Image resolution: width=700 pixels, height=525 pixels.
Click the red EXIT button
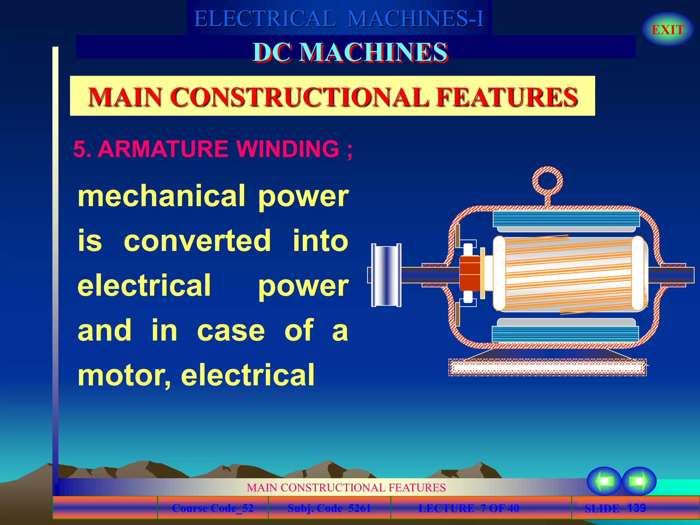667,30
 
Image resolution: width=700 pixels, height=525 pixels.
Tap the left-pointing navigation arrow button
604,481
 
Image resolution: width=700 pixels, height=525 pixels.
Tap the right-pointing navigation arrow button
638,481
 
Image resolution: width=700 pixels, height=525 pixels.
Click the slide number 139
636,508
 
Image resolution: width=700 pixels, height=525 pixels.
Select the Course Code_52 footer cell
213,508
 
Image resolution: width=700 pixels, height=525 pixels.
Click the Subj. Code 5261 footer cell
329,508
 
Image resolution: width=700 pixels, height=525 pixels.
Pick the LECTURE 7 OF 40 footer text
469,508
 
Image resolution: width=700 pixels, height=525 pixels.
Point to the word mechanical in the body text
161,196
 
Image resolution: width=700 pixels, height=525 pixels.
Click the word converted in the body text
198,241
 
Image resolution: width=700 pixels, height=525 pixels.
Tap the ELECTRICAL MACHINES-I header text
339,18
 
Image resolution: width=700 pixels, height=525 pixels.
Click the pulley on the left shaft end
386,275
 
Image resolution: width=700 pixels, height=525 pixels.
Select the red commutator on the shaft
470,273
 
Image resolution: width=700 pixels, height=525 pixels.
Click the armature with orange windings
569,273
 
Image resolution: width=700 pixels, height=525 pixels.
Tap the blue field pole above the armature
566,219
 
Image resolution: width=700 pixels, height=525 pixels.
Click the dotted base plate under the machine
547,368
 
